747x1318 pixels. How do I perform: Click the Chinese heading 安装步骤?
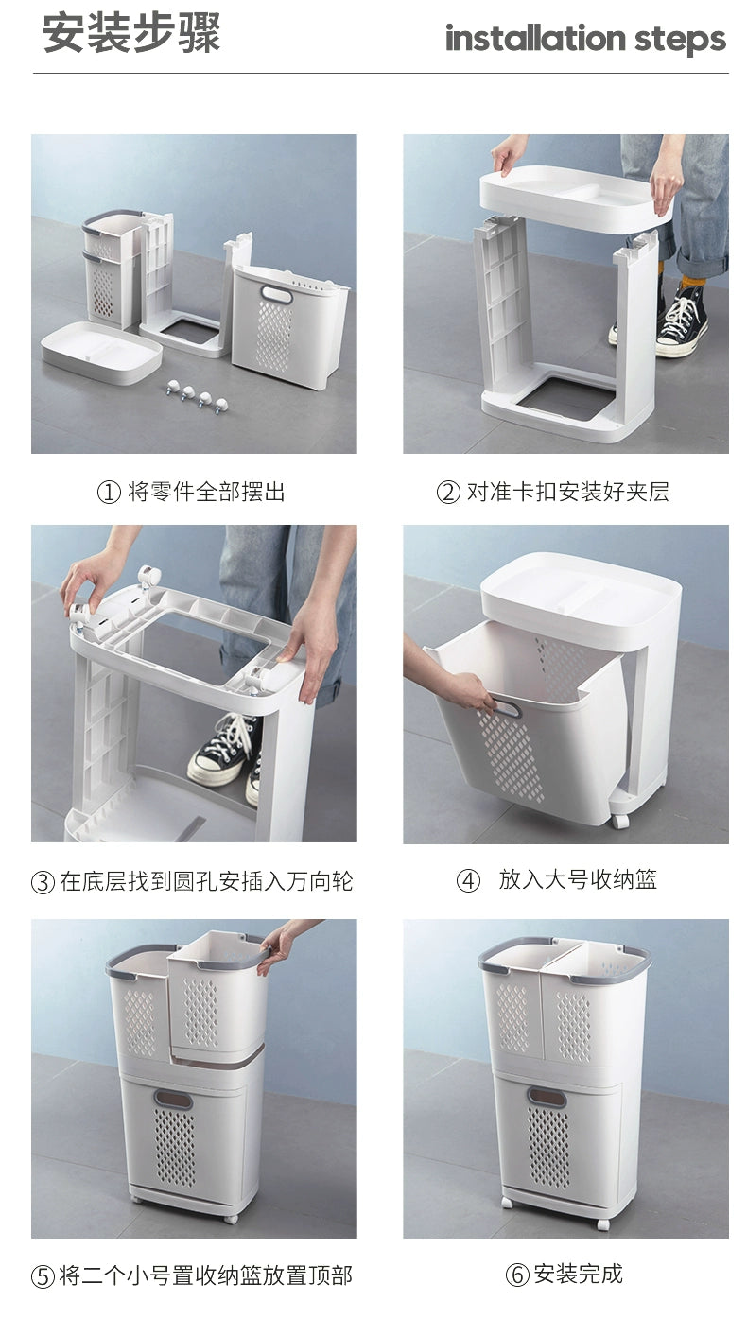[x=131, y=33]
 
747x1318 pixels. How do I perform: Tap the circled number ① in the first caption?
[x=109, y=492]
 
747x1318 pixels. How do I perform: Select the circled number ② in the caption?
[x=448, y=492]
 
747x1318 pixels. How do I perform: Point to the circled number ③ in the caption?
[x=43, y=882]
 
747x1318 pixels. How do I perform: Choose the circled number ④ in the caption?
[x=469, y=881]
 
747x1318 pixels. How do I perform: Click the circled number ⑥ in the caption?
[x=517, y=1275]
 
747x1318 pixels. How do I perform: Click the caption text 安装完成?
[x=578, y=1274]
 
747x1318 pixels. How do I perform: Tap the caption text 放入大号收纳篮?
[x=578, y=879]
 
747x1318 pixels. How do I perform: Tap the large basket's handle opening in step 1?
[x=277, y=295]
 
